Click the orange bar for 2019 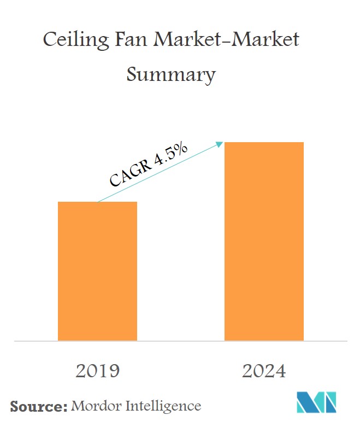[x=97, y=271]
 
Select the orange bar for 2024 [x=264, y=241]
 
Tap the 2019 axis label [x=97, y=371]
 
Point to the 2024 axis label [x=264, y=371]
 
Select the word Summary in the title [x=171, y=73]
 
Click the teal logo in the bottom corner [x=316, y=403]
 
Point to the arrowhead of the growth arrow [x=221, y=144]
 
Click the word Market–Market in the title [x=228, y=41]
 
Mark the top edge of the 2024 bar [x=264, y=143]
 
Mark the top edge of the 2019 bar [x=97, y=202]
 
